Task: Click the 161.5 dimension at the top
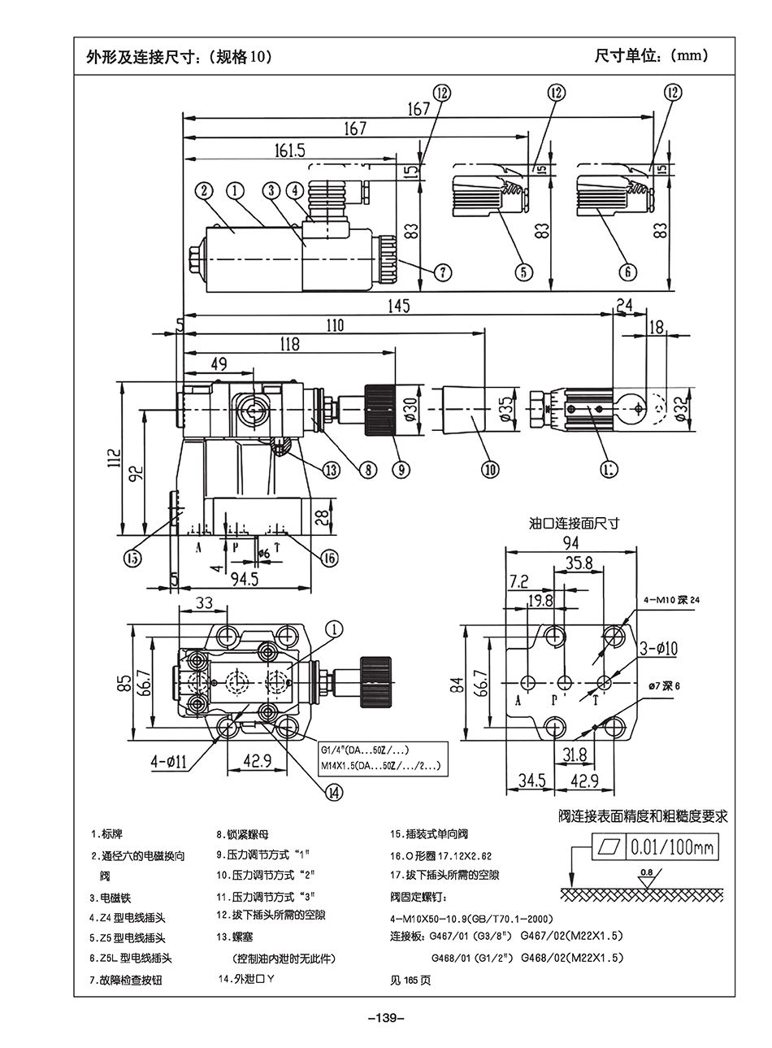[x=290, y=150]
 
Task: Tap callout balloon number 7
[x=441, y=272]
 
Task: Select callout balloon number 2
[x=204, y=190]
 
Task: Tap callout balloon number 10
[x=490, y=468]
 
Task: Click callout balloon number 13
[x=329, y=469]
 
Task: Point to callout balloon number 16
[x=328, y=558]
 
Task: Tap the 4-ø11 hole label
[x=169, y=762]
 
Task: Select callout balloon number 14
[x=334, y=789]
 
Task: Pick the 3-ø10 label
[x=653, y=648]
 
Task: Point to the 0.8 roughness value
[x=646, y=873]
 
